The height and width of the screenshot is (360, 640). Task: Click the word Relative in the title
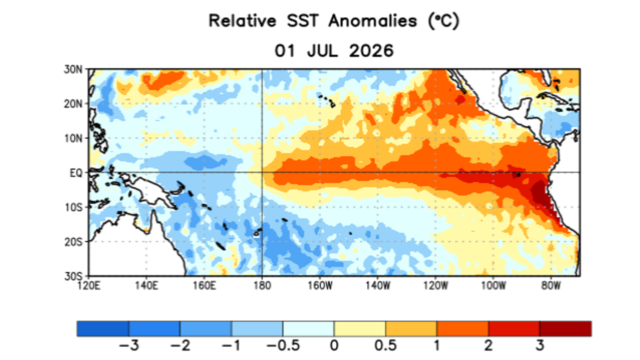pos(242,21)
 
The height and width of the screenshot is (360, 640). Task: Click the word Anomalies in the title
pos(372,21)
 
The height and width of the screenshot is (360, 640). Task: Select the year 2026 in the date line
pos(371,51)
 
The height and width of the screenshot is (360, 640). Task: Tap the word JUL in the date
pos(322,51)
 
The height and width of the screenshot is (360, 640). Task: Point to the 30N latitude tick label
pos(73,69)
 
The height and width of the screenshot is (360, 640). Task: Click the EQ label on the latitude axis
pos(76,173)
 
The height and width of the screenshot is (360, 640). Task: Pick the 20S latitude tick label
pos(73,242)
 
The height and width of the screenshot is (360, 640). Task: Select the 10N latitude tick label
pos(73,138)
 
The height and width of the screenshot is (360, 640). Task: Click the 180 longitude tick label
pos(262,285)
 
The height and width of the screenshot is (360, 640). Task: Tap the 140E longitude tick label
pos(146,285)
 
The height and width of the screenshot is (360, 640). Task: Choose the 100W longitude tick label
pos(493,285)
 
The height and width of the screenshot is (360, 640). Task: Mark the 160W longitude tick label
pos(320,285)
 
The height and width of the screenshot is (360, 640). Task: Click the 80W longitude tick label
pos(551,285)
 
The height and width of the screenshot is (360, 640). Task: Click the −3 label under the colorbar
pos(129,345)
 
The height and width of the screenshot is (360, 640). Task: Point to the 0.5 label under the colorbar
pos(385,345)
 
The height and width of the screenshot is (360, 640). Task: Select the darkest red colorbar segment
pos(565,328)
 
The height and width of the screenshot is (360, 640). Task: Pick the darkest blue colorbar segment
pos(103,328)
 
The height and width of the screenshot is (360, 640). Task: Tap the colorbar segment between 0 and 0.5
pos(359,328)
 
